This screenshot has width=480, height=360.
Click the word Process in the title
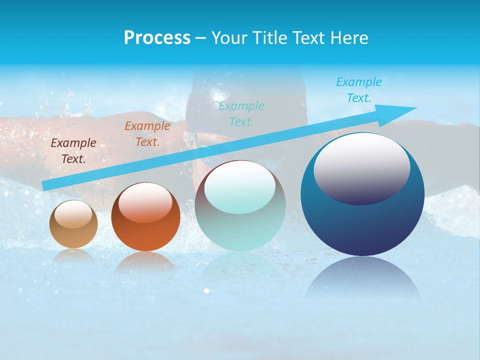157,38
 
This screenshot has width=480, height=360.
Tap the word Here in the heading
348,38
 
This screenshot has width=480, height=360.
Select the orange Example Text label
147,134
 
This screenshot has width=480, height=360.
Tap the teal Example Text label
241,113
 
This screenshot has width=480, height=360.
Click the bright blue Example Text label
358,90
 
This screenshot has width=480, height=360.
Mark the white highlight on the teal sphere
239,186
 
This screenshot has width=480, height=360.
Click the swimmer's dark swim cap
245,92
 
